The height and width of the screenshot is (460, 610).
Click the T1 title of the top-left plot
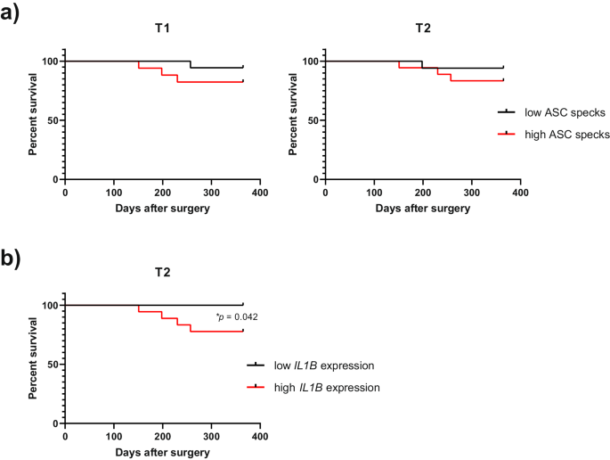pos(162,29)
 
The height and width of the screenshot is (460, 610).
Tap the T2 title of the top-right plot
pos(422,29)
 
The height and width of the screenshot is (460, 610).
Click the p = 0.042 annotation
pos(237,316)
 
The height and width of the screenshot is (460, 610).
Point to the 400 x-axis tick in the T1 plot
pos(259,192)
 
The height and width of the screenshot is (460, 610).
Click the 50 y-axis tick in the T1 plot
pos(52,120)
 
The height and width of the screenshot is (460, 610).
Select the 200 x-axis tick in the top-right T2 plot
pos(422,192)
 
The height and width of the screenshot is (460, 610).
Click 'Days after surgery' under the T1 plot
pos(162,208)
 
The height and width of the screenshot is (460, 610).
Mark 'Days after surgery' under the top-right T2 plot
pos(422,208)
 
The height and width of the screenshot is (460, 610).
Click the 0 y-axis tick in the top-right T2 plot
pos(315,179)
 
